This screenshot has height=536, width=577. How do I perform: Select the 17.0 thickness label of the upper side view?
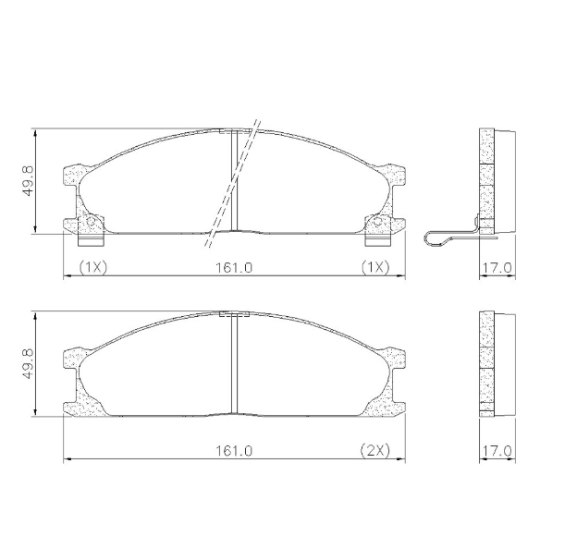(x=497, y=267)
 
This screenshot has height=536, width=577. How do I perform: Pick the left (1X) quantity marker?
(x=93, y=267)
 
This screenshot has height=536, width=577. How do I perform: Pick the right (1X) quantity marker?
(x=374, y=267)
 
